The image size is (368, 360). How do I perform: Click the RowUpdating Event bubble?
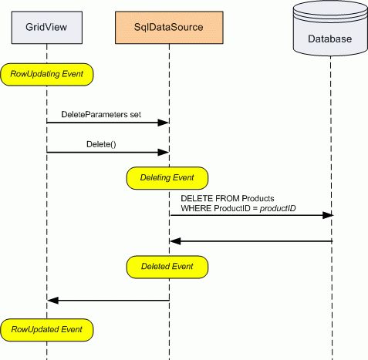coord(47,75)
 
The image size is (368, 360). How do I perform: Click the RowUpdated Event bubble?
coord(47,330)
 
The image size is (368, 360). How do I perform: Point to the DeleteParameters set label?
coord(101,114)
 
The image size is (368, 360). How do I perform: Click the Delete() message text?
coord(101,143)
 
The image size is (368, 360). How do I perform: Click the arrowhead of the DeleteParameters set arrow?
coord(164,123)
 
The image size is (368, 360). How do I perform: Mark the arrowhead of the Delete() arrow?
coord(164,152)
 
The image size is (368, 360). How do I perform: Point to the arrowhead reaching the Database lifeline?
coord(327,216)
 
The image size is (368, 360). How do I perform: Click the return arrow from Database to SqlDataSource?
coord(251,241)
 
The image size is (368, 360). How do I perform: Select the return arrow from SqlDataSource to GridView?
coord(108,300)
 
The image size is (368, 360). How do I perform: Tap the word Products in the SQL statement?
coord(250,199)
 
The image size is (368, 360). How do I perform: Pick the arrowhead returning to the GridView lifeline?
coord(52,300)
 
